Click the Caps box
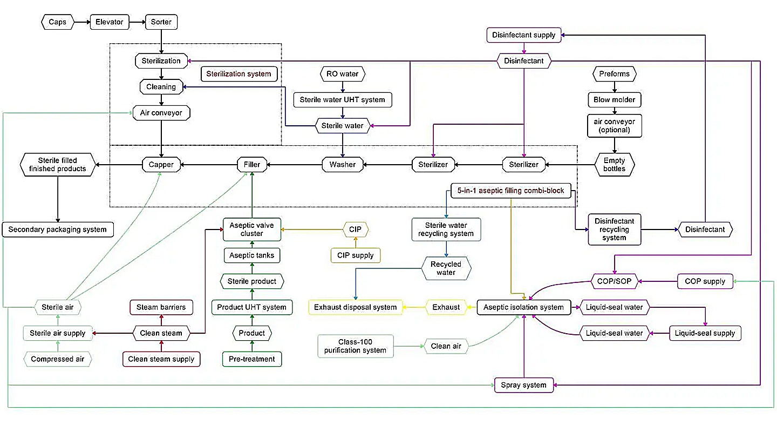[58, 22]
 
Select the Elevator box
[110, 22]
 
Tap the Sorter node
[161, 22]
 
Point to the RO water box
[343, 73]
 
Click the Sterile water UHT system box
[343, 99]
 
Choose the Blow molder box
[614, 99]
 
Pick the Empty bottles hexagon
[614, 164]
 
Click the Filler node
[252, 164]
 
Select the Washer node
[343, 164]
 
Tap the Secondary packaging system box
[58, 230]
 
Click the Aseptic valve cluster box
[252, 230]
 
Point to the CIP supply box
[355, 255]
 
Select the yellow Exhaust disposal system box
[355, 307]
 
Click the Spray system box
[523, 385]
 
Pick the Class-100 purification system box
[355, 346]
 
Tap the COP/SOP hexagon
[614, 281]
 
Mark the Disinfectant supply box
[523, 35]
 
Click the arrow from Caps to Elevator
[82, 22]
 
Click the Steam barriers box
[161, 307]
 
